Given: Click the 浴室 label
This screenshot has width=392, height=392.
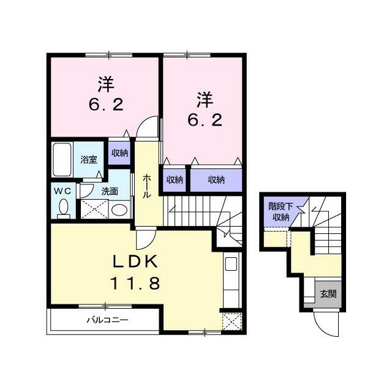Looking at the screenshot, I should pos(89,160).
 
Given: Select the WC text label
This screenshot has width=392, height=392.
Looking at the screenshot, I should pos(63,190).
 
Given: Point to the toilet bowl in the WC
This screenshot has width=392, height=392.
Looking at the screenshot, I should pos(62,209).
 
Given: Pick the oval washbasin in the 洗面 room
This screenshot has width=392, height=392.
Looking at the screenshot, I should pos(121,210).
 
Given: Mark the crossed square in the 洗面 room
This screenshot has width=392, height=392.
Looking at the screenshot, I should pos(96,208).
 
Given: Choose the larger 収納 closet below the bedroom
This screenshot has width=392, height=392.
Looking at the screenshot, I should pos(215,179).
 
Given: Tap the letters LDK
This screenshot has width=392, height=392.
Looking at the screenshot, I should pos(136,261).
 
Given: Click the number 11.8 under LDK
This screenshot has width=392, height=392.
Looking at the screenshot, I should pos(136,283).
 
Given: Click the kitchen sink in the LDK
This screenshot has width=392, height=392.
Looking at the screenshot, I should pos(230,265).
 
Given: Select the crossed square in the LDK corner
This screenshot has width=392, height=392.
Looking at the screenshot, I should pos(230,322).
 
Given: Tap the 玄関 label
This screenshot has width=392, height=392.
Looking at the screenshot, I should pos(328,294).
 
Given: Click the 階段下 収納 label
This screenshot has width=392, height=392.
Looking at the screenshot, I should pos(281,211).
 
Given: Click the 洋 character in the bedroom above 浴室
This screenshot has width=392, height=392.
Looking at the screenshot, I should pos(105,83).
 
